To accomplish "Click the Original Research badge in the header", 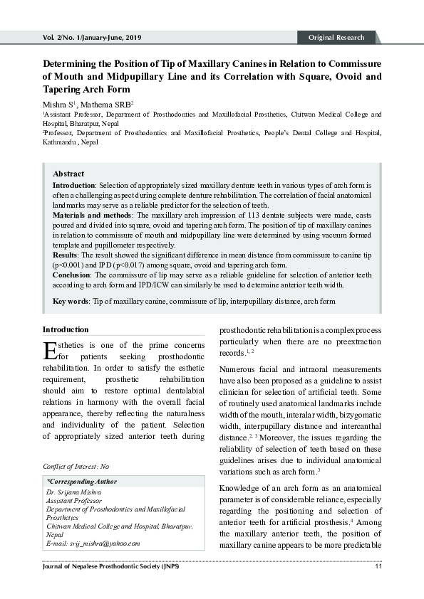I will click(336, 38).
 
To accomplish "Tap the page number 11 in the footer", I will click(378, 566).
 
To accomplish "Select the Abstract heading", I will click(68, 174).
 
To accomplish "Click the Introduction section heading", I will click(66, 329).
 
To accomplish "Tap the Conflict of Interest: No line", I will click(76, 466).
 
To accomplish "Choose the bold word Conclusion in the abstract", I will click(73, 274).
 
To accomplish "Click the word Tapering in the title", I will click(66, 90).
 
